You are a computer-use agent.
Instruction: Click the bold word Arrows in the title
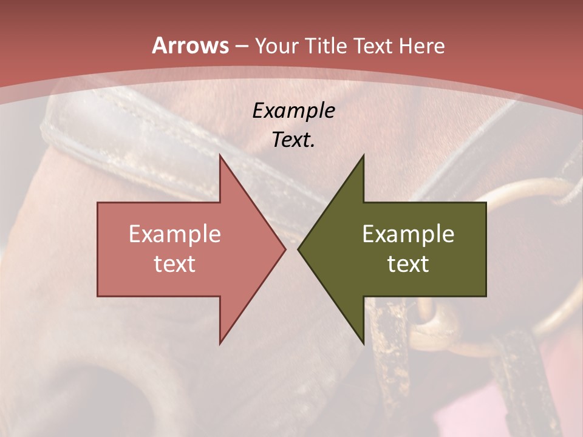click(x=190, y=46)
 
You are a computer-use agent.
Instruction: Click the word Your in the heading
click(x=276, y=46)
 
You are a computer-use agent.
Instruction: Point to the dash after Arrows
click(x=241, y=46)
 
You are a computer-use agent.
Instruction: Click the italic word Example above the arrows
click(x=293, y=110)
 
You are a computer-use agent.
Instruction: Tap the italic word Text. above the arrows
click(x=293, y=140)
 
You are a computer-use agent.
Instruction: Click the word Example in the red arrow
click(x=175, y=234)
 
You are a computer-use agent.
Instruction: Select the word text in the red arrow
click(x=175, y=264)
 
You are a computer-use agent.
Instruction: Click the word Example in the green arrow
click(x=408, y=234)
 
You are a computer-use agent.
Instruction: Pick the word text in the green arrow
click(x=408, y=264)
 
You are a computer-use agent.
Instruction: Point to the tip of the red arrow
click(x=284, y=249)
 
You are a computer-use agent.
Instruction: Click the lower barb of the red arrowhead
click(x=221, y=341)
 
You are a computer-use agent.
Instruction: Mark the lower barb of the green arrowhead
click(x=363, y=341)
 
